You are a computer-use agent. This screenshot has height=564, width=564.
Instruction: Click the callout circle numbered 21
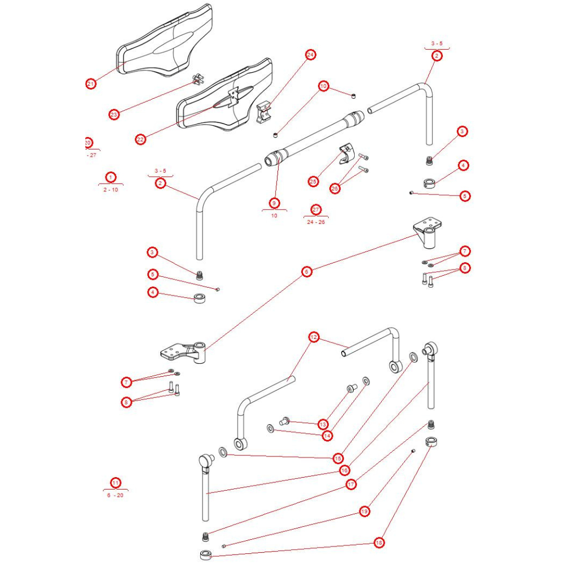(x=91, y=84)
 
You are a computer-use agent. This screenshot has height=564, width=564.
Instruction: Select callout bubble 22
(x=141, y=139)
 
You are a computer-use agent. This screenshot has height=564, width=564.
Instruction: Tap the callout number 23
(x=114, y=114)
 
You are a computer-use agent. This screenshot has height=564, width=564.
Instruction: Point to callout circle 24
(x=310, y=55)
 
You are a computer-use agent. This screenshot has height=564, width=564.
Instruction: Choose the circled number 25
(x=313, y=181)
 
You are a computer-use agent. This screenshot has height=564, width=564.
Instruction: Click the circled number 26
(x=335, y=188)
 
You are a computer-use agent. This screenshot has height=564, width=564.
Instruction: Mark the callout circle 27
(x=316, y=210)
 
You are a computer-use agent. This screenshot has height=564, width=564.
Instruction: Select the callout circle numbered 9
(x=274, y=202)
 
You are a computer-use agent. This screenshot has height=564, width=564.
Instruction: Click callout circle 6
(x=307, y=272)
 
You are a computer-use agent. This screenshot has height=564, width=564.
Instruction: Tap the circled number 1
(x=111, y=177)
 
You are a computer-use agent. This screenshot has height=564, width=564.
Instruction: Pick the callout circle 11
(x=116, y=482)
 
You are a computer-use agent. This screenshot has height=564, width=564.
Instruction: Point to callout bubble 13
(x=323, y=424)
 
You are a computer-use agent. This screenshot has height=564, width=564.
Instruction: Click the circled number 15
(x=338, y=458)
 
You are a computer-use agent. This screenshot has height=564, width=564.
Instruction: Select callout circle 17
(x=351, y=484)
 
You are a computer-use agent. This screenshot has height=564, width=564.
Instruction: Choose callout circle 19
(x=364, y=511)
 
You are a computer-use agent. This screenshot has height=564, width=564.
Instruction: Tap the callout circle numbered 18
(x=379, y=543)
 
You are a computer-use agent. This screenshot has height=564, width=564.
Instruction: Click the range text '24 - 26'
(x=316, y=222)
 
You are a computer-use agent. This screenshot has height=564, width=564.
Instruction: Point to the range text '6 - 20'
(x=116, y=495)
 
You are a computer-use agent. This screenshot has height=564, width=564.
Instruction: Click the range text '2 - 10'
(x=111, y=190)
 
